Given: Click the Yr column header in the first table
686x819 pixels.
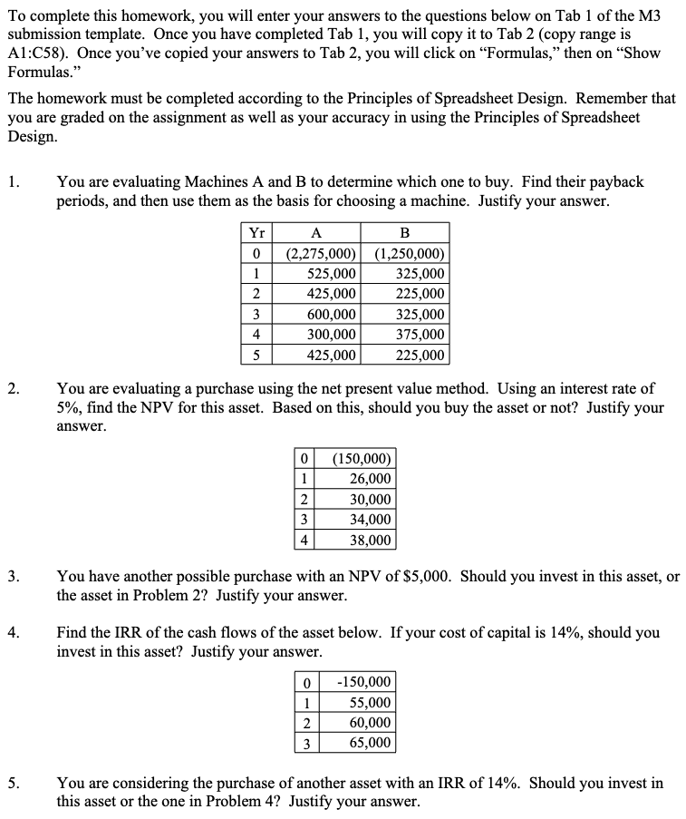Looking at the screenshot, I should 256,231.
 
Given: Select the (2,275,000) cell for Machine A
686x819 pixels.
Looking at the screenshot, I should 320,253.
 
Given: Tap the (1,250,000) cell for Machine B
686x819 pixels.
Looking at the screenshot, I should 409,253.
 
